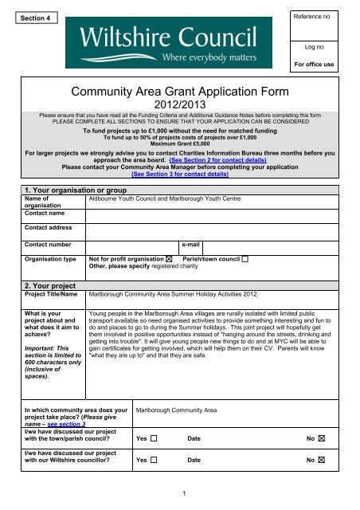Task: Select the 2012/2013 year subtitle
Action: pos(179,109)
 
